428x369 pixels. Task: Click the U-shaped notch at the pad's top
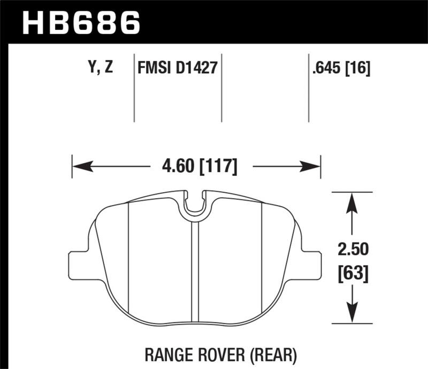[195, 206]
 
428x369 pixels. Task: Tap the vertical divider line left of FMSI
[133, 88]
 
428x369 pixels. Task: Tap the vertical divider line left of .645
[309, 88]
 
